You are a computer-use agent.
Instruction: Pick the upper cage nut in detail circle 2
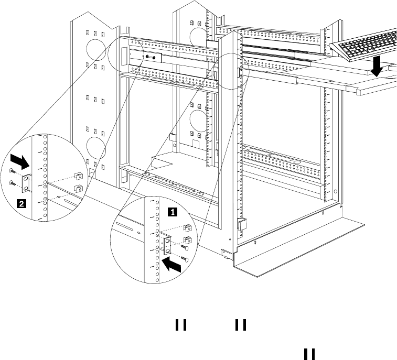pos(78,175)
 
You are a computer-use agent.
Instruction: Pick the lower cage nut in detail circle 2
pos(78,188)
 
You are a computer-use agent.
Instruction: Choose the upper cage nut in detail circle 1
pos(188,227)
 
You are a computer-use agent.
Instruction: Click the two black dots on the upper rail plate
pos(151,57)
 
